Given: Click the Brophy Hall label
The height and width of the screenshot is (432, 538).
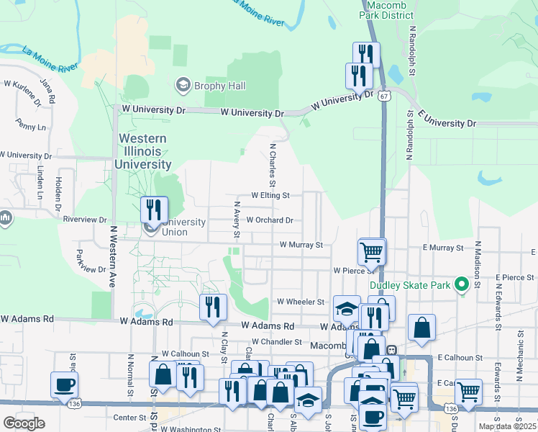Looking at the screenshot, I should click(x=225, y=86).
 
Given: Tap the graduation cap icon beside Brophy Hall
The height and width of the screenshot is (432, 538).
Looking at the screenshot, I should click(x=183, y=86).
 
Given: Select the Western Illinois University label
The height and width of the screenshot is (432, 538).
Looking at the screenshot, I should click(x=142, y=151).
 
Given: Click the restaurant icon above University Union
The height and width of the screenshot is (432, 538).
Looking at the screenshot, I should click(x=154, y=210).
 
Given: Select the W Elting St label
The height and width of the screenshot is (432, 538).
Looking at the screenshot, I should click(x=270, y=195).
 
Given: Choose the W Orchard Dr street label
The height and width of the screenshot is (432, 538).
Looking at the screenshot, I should click(x=270, y=220).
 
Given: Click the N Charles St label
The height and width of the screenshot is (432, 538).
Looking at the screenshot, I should click(x=273, y=166).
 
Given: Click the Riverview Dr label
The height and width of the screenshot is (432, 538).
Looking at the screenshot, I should click(x=85, y=219).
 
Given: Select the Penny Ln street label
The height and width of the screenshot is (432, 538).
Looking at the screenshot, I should click(x=29, y=127).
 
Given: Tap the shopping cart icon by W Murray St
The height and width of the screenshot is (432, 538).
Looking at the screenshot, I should click(x=372, y=252).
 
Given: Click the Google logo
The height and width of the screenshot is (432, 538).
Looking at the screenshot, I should click(x=24, y=423).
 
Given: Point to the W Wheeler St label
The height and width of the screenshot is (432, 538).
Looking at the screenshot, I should click(x=301, y=302).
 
